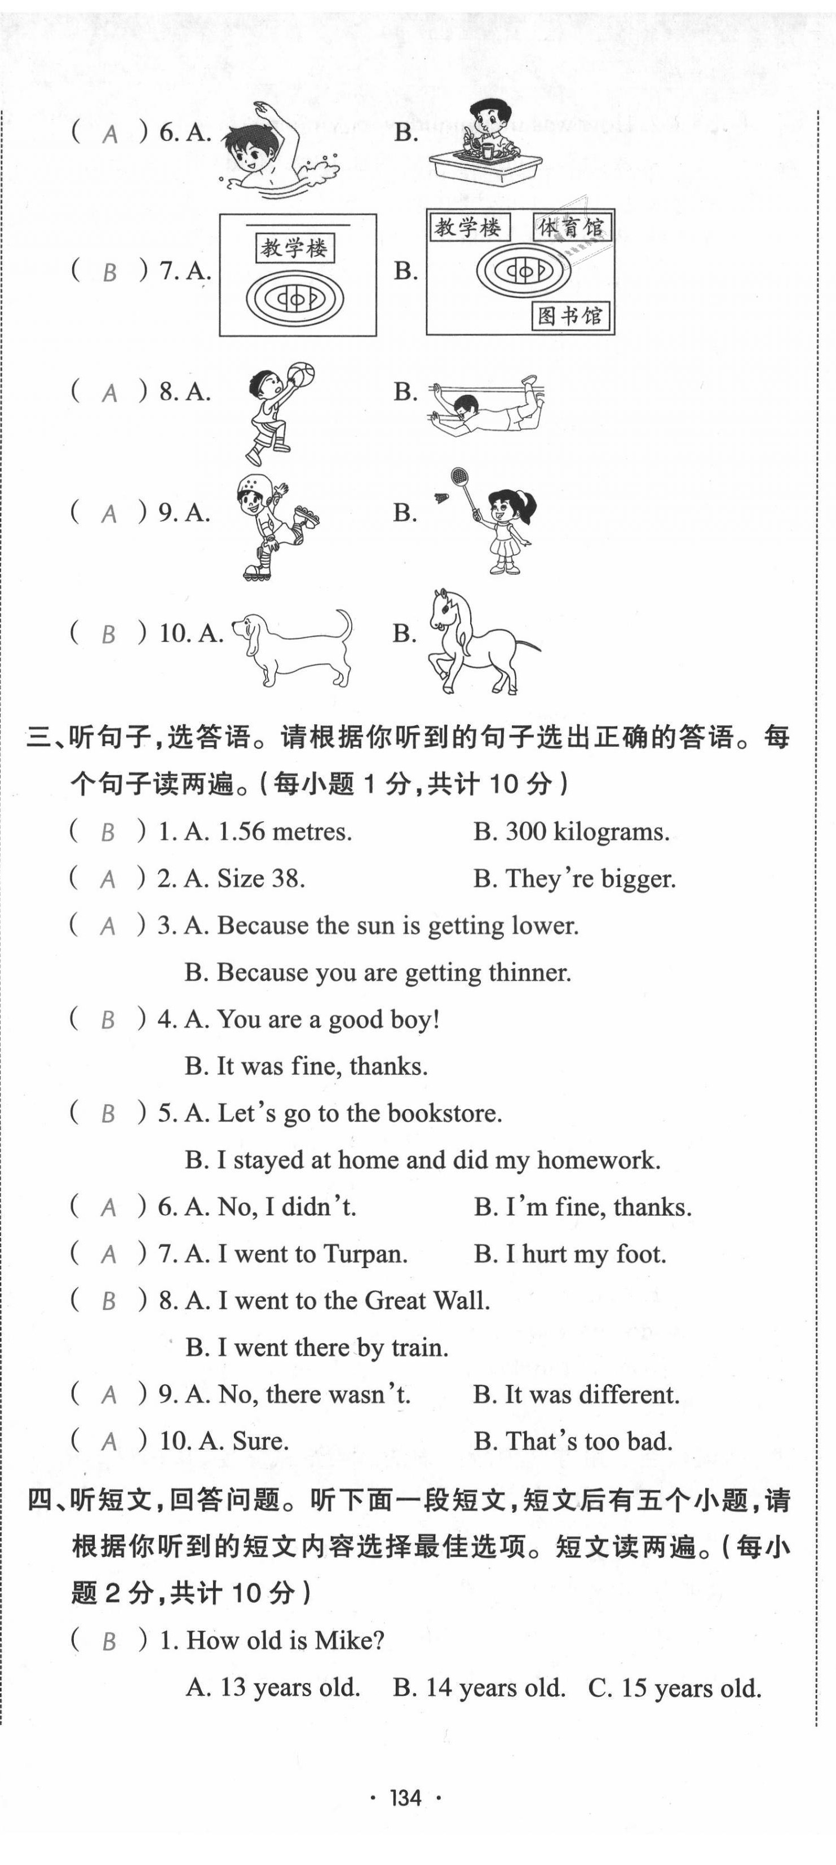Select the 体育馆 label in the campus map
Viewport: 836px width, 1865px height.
point(570,228)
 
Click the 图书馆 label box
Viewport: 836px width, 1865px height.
point(570,316)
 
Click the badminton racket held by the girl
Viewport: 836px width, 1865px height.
point(460,479)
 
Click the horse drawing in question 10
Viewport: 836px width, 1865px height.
point(475,641)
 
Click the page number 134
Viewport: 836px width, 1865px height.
point(405,1797)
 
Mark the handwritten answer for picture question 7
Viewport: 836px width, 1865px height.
point(109,272)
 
